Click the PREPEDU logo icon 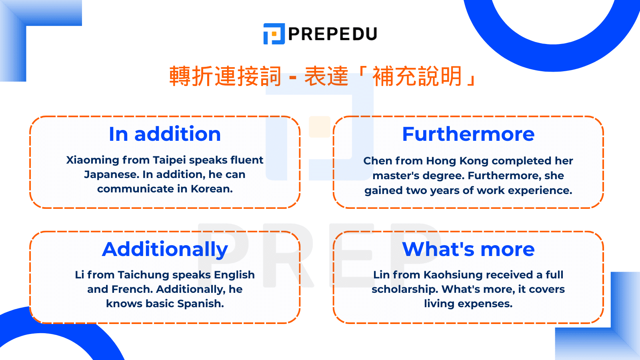(x=274, y=34)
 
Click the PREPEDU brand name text (x=333, y=34)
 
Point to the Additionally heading (x=165, y=250)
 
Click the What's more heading (x=468, y=249)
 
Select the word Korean (x=212, y=189)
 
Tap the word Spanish (x=200, y=304)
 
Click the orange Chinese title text (x=323, y=76)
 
